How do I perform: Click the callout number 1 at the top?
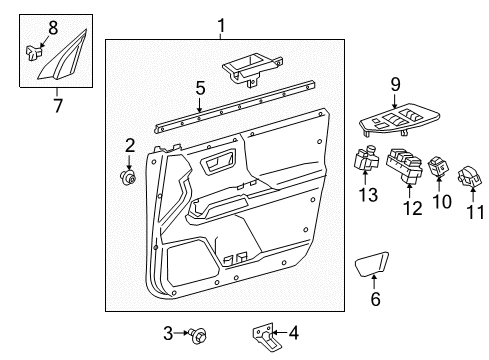pyautogui.click(x=221, y=26)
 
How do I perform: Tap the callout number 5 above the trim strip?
pyautogui.click(x=200, y=88)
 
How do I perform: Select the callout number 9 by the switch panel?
pyautogui.click(x=395, y=86)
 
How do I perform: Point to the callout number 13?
pyautogui.click(x=369, y=194)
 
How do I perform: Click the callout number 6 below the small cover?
pyautogui.click(x=375, y=298)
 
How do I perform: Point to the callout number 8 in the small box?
pyautogui.click(x=53, y=28)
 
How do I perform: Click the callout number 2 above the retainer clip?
pyautogui.click(x=129, y=147)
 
